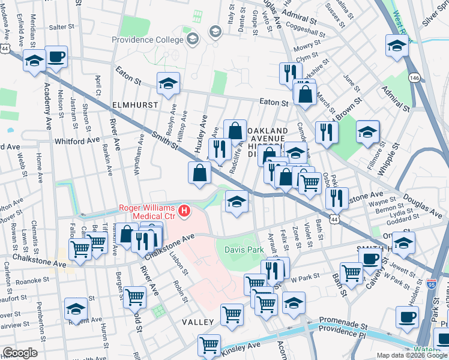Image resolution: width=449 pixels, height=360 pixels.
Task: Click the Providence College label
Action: click(147, 40)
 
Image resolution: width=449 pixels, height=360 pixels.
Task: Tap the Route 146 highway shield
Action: click(415, 77)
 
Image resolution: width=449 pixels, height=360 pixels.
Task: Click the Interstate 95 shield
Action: click(430, 281)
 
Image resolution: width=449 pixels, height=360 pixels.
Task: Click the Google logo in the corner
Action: click(19, 353)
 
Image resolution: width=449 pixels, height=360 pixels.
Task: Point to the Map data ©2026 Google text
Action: click(412, 355)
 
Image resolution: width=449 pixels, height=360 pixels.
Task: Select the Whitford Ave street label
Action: click(76, 140)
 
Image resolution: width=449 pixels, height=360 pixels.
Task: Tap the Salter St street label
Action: click(61, 27)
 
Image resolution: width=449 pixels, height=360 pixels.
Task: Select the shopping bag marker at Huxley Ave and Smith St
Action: click(199, 174)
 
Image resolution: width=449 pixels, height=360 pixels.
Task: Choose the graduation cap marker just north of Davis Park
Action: click(237, 203)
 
